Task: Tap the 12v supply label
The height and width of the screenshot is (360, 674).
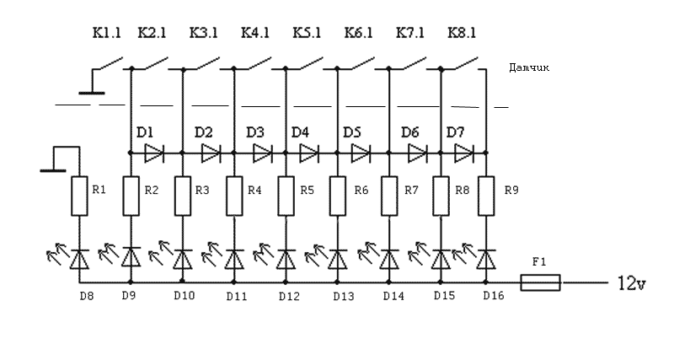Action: click(631, 282)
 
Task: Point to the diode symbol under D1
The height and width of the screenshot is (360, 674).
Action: click(154, 153)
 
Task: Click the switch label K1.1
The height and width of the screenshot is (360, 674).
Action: click(107, 35)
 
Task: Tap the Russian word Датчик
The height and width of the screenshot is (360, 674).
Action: click(530, 67)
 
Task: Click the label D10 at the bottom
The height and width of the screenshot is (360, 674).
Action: click(184, 296)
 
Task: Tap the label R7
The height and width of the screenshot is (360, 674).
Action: click(411, 191)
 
